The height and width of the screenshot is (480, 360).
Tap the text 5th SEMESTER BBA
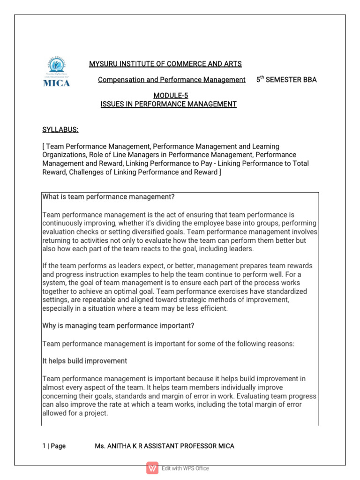pos(286,80)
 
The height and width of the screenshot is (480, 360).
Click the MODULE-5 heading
pos(168,96)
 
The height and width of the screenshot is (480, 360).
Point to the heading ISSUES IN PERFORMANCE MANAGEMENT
pos(168,104)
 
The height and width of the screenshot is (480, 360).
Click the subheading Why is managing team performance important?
pos(118,326)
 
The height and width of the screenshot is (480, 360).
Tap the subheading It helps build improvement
pos(85,361)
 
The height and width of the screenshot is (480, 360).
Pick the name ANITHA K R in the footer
pos(127,446)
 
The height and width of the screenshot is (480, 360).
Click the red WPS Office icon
pos(152,468)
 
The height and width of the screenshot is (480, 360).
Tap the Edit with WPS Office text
pos(186,468)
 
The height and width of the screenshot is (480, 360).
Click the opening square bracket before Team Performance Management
pos(44,147)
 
